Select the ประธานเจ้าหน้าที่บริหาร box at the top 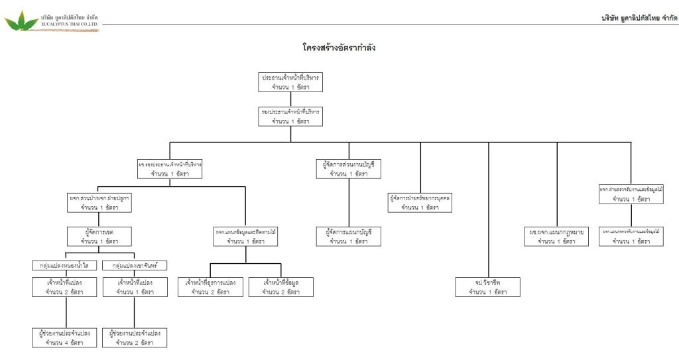290,82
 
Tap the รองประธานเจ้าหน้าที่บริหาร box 290,117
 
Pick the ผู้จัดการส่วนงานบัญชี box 349,168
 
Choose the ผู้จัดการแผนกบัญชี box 349,237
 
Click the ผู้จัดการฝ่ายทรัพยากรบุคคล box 420,202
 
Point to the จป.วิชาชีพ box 488,287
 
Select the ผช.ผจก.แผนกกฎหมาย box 556,237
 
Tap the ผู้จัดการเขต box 99,237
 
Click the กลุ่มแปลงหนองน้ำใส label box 64,265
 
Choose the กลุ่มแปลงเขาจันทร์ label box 135,265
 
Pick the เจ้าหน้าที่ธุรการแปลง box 210,287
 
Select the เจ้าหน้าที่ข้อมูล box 281,287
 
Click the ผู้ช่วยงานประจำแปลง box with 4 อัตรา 64,337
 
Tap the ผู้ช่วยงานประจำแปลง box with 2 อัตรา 135,337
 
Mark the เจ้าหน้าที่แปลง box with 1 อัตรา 135,287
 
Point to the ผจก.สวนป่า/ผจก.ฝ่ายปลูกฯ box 99,202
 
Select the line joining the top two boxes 290,99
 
